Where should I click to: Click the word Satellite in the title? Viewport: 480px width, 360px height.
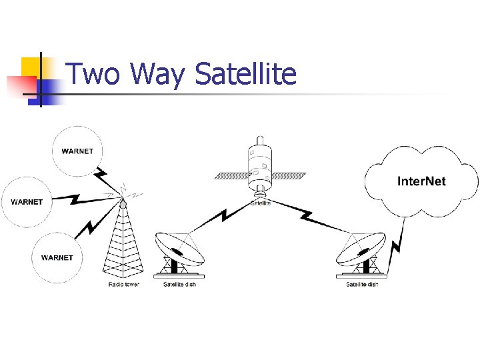point(245,74)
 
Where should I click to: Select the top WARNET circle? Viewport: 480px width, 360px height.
point(77,151)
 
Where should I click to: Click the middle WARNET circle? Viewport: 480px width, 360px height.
point(27,201)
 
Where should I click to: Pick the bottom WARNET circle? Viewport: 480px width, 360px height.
point(57,257)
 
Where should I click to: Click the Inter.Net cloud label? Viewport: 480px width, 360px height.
point(421,181)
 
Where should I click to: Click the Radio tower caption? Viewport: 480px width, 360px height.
point(124,285)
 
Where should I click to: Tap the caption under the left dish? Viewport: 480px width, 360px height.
point(179,285)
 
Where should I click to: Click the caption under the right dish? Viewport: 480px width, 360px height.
point(362,285)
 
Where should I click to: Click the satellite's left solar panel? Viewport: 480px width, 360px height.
point(230,177)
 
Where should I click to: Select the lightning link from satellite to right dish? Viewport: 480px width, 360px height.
point(307,215)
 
